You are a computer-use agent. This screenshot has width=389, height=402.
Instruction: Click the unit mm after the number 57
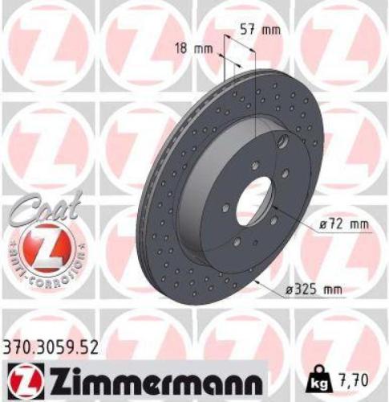273,31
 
